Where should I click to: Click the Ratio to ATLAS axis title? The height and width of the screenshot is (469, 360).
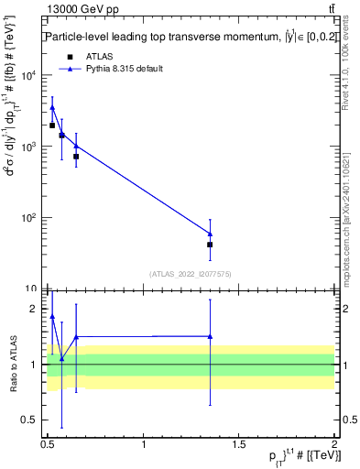tap(12, 364)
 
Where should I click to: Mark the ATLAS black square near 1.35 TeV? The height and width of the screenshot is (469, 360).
tap(210, 245)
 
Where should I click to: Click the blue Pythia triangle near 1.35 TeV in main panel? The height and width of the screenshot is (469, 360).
tap(210, 234)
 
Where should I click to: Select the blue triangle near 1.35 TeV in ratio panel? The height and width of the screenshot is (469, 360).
tap(210, 336)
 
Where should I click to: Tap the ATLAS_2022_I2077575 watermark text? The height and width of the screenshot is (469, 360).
tap(190, 273)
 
